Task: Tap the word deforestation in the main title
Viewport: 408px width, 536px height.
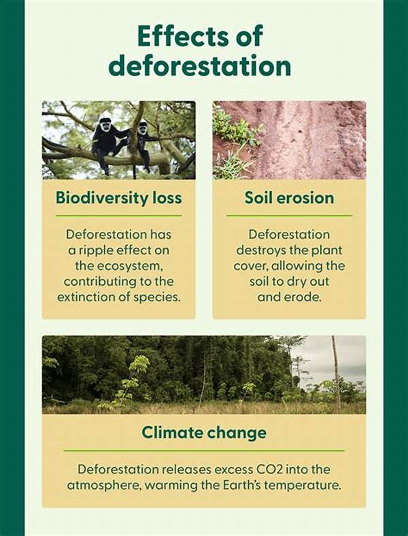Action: tap(200, 66)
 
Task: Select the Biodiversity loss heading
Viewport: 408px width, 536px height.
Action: tap(118, 198)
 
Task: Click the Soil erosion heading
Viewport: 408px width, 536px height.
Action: tap(289, 198)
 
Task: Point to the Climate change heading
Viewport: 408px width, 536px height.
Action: tap(204, 432)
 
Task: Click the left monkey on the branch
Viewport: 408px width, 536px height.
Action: tap(105, 139)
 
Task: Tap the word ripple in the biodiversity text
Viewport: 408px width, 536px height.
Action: tap(99, 250)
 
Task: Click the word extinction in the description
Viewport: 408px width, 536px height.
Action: tap(86, 297)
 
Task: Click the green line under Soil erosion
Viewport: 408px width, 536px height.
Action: tap(289, 216)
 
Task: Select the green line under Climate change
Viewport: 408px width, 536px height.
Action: tap(204, 450)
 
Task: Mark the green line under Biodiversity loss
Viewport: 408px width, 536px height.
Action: tap(118, 216)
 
